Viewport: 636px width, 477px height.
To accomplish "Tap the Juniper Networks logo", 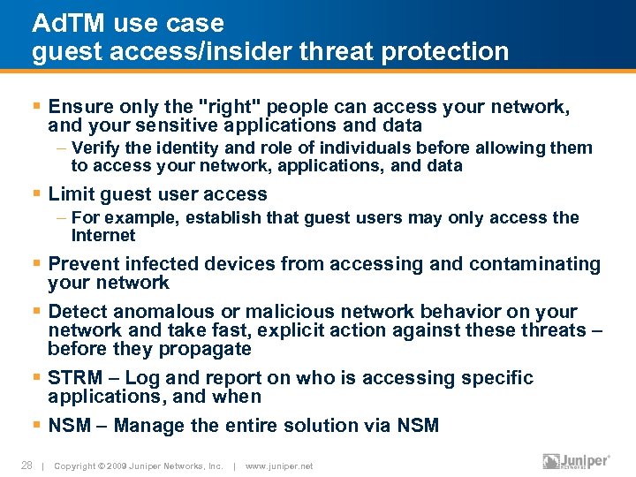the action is pos(576,462).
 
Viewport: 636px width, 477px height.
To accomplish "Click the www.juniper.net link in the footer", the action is pos(278,466).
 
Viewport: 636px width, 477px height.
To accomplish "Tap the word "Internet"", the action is pos(103,236).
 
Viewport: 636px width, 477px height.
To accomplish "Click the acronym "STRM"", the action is pos(75,378).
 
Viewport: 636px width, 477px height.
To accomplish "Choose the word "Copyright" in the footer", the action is pos(77,466).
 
